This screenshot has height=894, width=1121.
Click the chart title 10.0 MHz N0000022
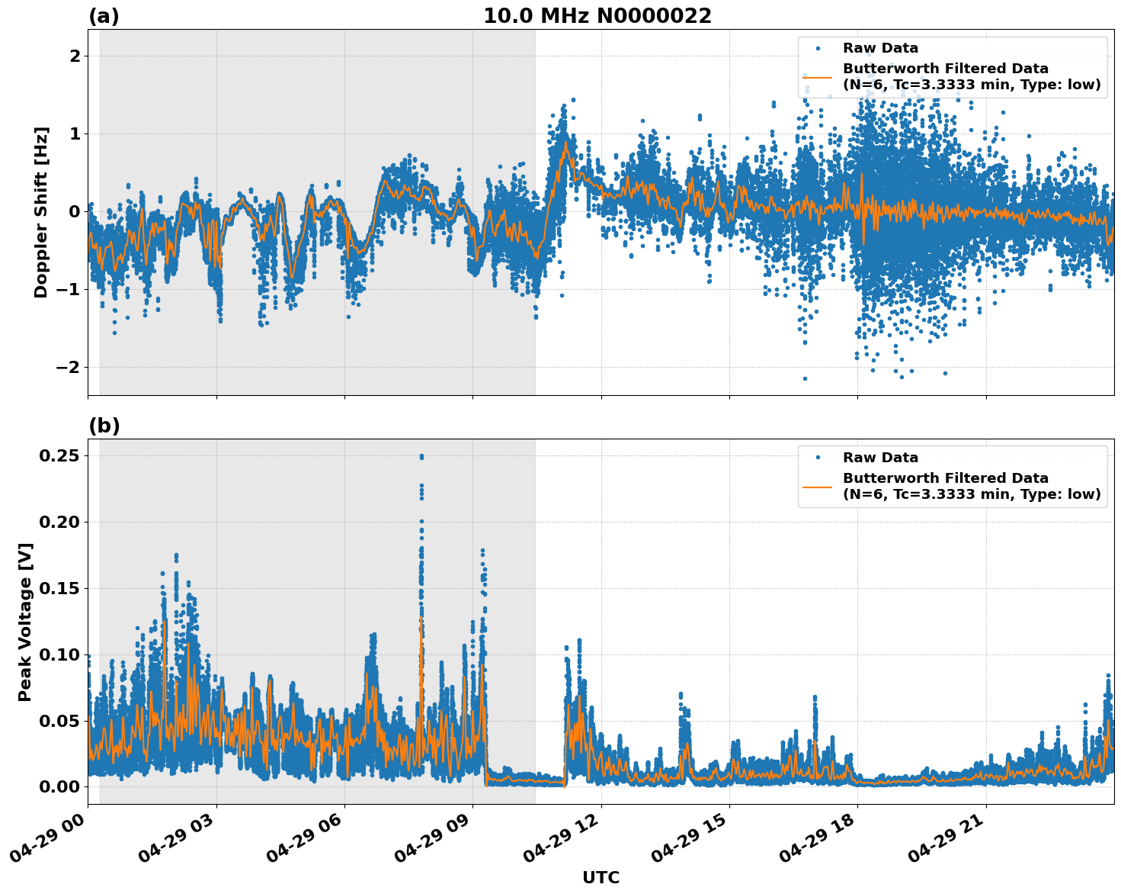tap(597, 16)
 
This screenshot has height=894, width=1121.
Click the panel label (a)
tap(104, 16)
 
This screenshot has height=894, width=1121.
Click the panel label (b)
tap(104, 426)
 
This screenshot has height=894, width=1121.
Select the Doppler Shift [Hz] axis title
tap(41, 212)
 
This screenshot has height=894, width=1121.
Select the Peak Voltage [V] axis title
tap(25, 622)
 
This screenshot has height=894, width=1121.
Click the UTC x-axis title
tap(601, 877)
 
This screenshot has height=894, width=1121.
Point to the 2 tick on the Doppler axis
tap(74, 56)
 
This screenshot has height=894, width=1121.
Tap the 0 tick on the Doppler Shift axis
tap(74, 211)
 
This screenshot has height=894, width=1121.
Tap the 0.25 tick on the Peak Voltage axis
tap(61, 455)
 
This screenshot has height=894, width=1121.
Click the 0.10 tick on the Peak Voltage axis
tap(61, 654)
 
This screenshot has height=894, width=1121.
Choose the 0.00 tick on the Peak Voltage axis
tap(61, 786)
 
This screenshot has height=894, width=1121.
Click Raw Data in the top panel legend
tap(880, 48)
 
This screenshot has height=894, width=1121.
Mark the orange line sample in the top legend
tap(818, 77)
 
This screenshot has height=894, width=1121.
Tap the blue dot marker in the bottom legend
tap(818, 458)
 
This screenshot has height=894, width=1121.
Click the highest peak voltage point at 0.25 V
tap(421, 456)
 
